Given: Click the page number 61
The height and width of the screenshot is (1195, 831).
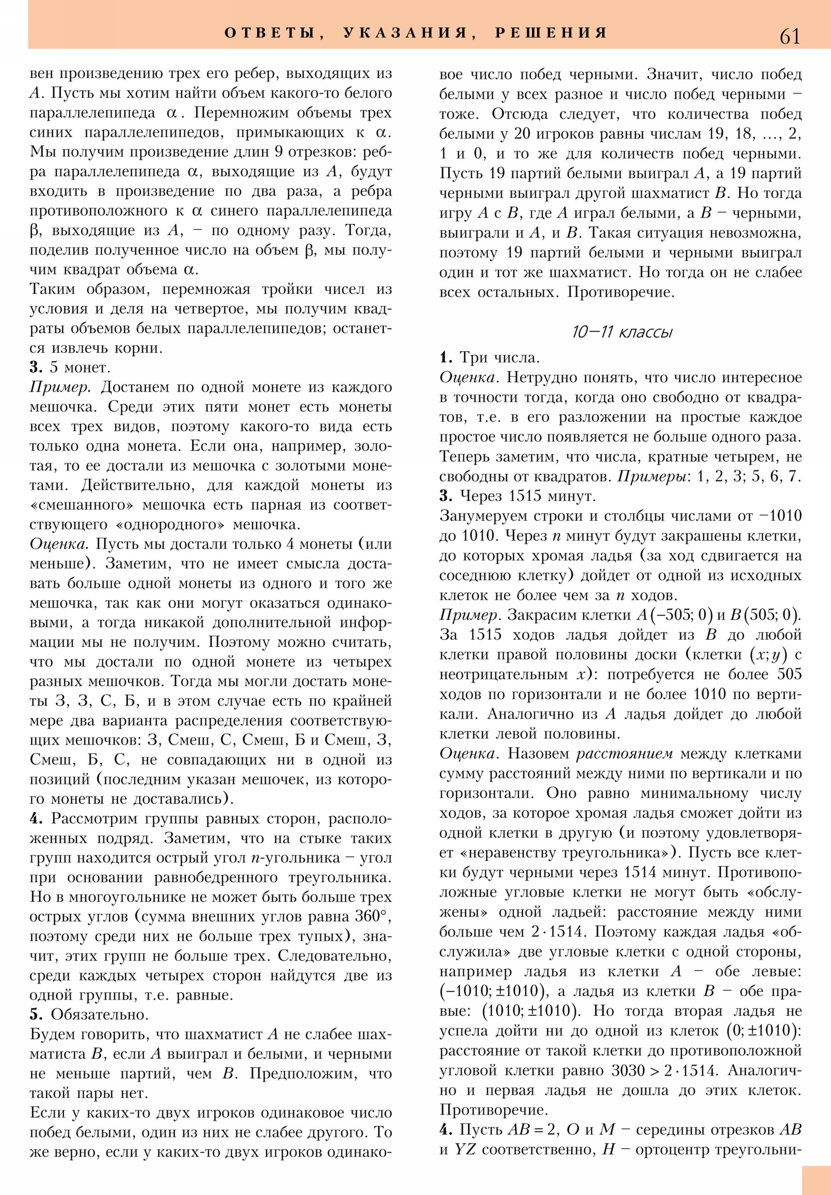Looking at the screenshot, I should pos(789,36).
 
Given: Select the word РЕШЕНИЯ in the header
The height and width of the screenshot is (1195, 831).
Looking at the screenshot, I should pos(551,33).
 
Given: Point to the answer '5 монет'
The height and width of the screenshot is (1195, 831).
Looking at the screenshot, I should pos(79,367).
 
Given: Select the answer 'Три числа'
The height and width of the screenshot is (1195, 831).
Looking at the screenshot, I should pos(499,357).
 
